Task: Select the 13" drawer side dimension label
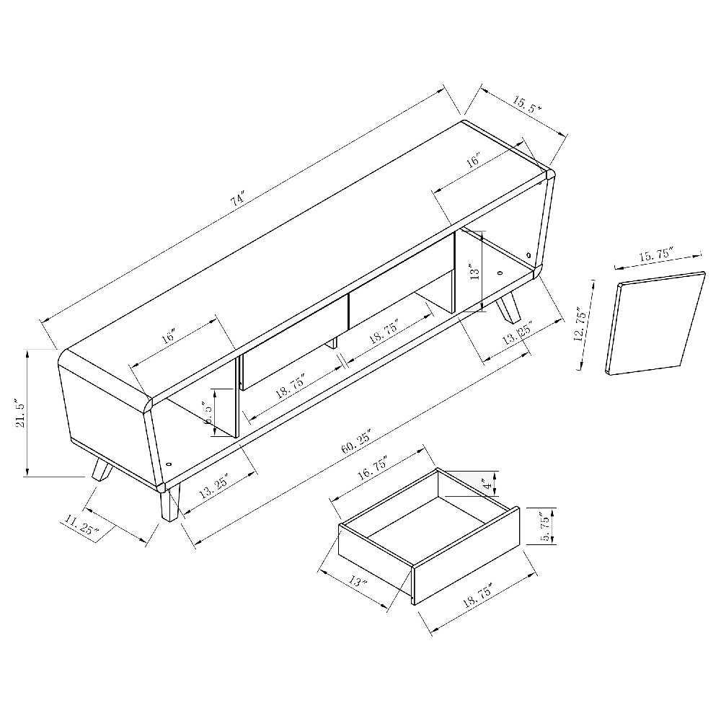pos(358,581)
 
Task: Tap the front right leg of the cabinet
pos(170,502)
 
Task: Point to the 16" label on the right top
pos(474,162)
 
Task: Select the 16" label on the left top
pos(169,337)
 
